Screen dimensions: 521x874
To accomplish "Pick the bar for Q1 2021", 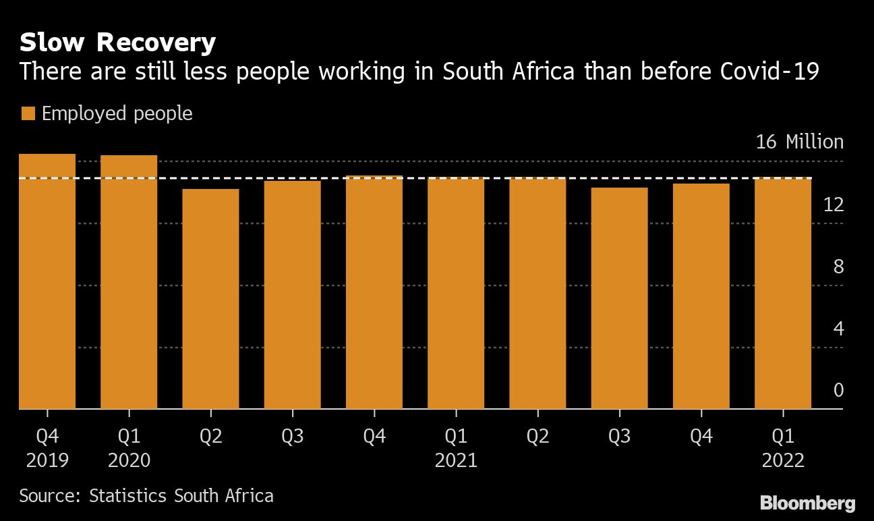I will point(456,293).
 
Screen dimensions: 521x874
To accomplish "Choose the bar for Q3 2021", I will point(619,298).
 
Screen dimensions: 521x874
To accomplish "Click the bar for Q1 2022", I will point(782,293).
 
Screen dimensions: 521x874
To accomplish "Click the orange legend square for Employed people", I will point(28,113).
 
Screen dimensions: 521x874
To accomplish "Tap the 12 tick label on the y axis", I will point(834,204).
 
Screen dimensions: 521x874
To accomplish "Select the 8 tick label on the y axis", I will point(838,267).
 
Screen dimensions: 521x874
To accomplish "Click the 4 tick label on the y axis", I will point(838,329).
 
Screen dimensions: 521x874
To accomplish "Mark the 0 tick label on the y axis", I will point(838,391).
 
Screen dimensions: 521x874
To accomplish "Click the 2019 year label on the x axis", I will point(47,460).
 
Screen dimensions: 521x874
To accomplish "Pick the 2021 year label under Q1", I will point(456,460).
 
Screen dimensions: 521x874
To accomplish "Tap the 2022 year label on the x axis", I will point(782,460).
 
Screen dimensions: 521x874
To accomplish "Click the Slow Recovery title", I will point(117,43).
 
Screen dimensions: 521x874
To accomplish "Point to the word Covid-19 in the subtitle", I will point(770,71).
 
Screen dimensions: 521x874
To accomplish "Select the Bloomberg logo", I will point(807,503).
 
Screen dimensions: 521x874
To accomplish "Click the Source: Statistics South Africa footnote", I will point(146,496).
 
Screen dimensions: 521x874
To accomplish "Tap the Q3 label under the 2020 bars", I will point(292,437).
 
